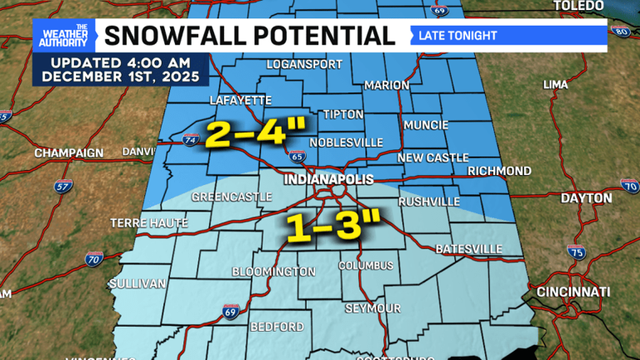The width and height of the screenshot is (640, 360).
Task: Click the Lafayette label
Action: click(x=243, y=100)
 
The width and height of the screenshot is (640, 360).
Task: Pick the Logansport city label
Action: click(x=300, y=64)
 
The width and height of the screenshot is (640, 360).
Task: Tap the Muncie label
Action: click(x=426, y=125)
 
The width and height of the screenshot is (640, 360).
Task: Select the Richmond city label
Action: click(x=497, y=171)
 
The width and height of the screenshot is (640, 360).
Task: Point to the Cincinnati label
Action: click(x=573, y=292)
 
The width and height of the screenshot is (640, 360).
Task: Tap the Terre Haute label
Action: click(x=144, y=223)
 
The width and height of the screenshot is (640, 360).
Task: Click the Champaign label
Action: click(x=68, y=153)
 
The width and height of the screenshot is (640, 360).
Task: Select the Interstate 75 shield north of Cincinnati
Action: click(x=575, y=251)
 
